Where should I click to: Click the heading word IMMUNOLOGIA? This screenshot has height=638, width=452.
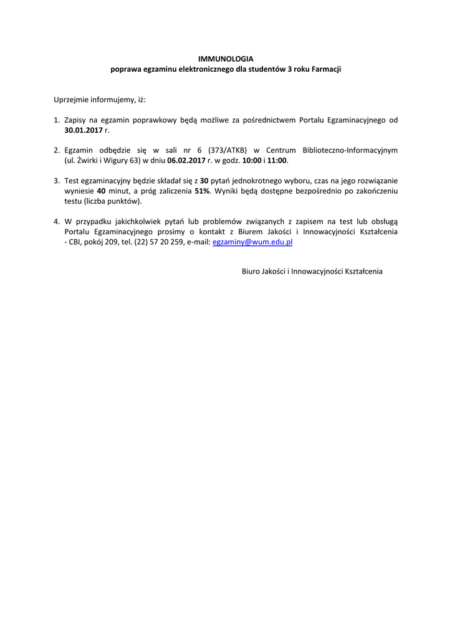pyautogui.click(x=226, y=59)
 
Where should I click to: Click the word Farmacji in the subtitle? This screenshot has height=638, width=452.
pyautogui.click(x=326, y=69)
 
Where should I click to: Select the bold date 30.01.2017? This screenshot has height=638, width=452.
pyautogui.click(x=84, y=130)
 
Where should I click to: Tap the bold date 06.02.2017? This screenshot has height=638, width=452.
pyautogui.click(x=186, y=160)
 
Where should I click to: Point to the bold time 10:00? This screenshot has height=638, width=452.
pyautogui.click(x=251, y=160)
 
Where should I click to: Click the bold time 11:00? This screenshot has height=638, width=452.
pyautogui.click(x=276, y=160)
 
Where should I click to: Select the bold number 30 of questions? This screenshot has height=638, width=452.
pyautogui.click(x=204, y=181)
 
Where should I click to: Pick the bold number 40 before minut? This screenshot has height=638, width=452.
pyautogui.click(x=101, y=191)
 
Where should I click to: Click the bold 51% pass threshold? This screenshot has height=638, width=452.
pyautogui.click(x=202, y=191)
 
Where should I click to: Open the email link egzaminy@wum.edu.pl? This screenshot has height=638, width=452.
pyautogui.click(x=252, y=242)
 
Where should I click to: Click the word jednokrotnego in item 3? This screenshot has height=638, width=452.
pyautogui.click(x=246, y=181)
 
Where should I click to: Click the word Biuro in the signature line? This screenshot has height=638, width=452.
pyautogui.click(x=252, y=272)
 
